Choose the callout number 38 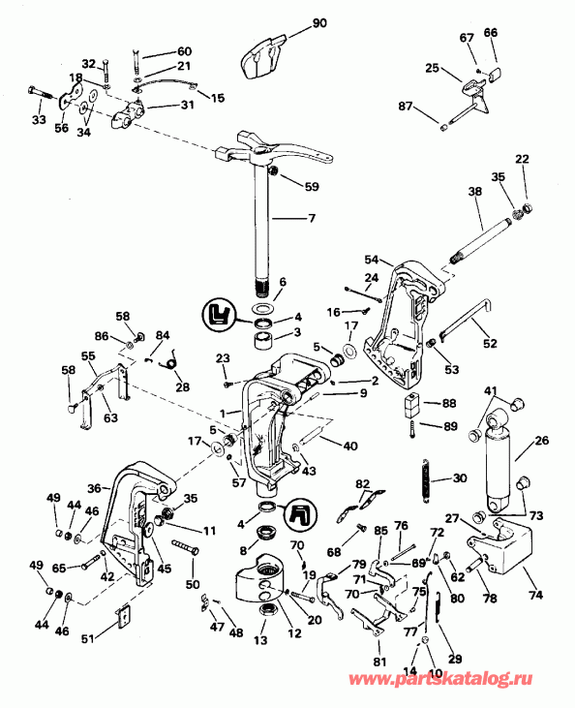click(x=475, y=193)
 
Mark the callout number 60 click(x=184, y=50)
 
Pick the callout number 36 click(x=93, y=489)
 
